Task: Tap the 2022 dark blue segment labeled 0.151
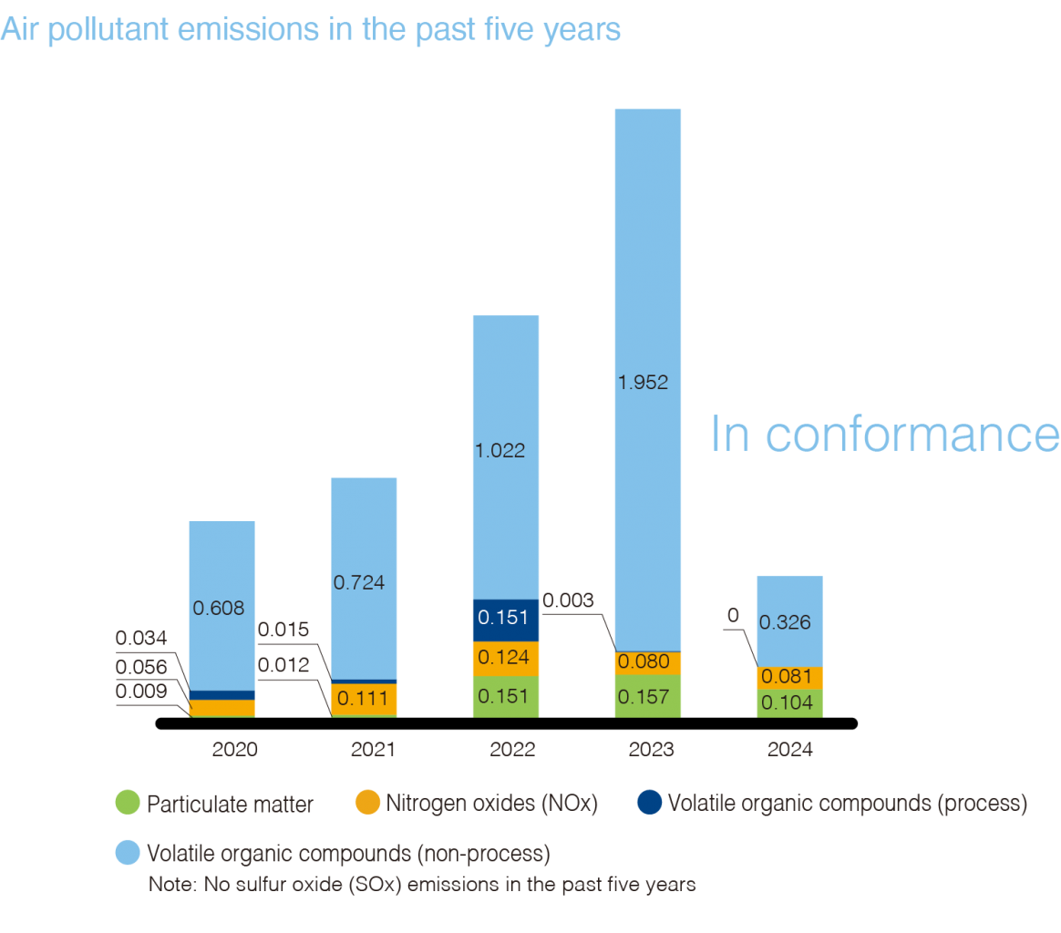pos(506,620)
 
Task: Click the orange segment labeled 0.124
pos(506,658)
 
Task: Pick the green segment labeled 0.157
pos(648,696)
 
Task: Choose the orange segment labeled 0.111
pos(364,699)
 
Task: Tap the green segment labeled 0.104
pos(789,702)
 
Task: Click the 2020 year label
pos(234,750)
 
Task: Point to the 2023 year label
pos(651,750)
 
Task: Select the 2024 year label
pos(790,751)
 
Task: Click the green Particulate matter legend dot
pos(128,803)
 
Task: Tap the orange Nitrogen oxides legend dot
pos(367,803)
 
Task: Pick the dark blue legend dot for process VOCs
pos(649,803)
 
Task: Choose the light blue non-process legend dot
pos(128,853)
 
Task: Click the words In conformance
pos(884,434)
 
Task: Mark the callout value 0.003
pos(568,600)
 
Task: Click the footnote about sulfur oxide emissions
pos(422,885)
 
